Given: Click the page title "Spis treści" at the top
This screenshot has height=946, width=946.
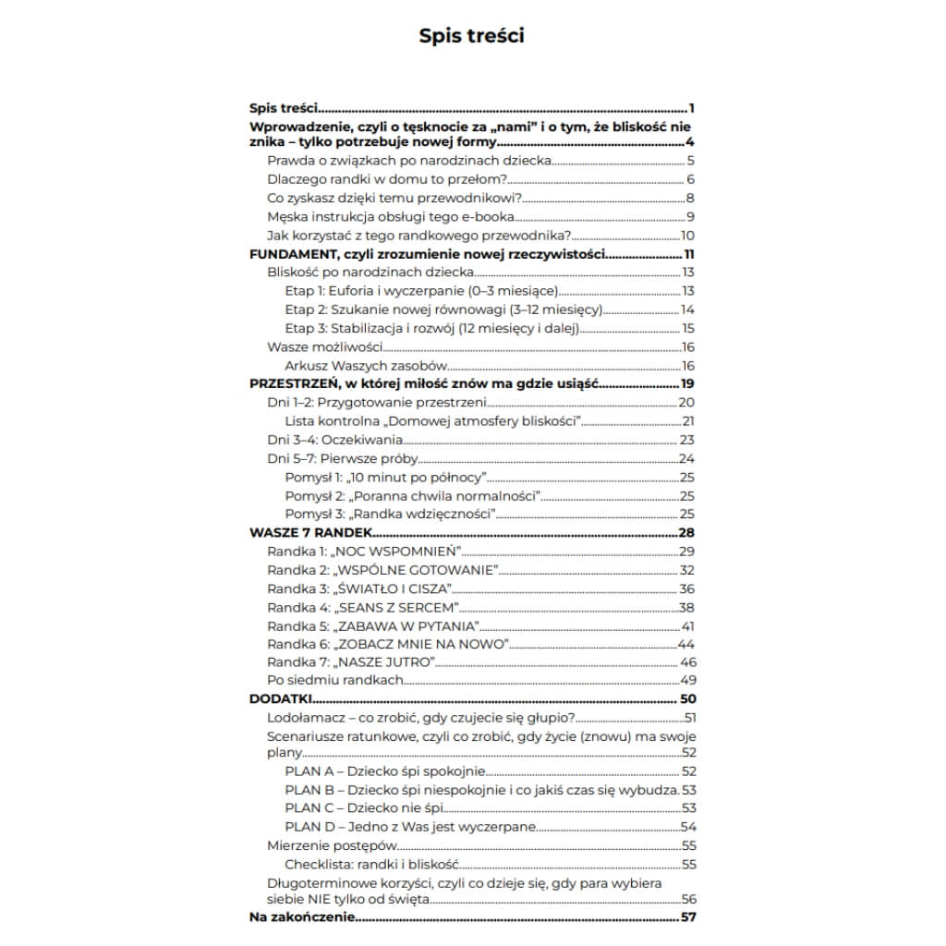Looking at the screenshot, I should click(472, 36).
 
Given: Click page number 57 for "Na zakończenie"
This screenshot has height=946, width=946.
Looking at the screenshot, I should click(687, 917).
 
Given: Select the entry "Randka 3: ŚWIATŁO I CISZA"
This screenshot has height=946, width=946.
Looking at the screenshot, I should click(359, 588).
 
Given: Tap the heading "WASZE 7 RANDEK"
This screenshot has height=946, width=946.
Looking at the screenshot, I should click(310, 533).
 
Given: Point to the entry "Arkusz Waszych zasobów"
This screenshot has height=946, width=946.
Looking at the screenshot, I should click(358, 366).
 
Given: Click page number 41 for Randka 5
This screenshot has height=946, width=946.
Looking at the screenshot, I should click(687, 625).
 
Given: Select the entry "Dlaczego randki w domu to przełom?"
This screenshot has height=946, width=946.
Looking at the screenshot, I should click(383, 179).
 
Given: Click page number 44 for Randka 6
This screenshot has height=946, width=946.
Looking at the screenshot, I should click(685, 644).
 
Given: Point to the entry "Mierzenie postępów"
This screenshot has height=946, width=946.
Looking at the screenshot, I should click(332, 845).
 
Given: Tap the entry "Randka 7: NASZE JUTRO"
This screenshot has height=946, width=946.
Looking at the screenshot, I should click(350, 662).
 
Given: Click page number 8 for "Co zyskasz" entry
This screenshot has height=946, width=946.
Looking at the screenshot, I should click(690, 198).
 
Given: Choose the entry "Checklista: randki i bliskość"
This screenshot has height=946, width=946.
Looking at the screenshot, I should click(371, 865).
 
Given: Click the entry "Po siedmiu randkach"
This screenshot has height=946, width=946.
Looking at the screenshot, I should click(335, 681).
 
